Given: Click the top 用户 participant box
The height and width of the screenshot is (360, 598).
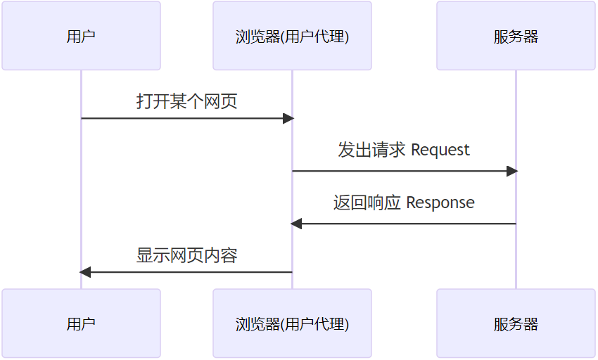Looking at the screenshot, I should (81, 36).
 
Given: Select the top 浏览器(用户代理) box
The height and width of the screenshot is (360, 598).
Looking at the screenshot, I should (292, 36).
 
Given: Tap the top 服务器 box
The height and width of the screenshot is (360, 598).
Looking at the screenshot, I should (516, 36).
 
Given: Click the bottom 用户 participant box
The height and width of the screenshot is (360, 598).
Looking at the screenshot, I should (81, 323).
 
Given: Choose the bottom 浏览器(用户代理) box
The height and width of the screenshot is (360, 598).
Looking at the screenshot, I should (292, 323).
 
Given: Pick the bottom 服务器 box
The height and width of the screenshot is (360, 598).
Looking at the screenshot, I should (516, 323).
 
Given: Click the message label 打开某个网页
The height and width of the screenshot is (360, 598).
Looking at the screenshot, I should (186, 101).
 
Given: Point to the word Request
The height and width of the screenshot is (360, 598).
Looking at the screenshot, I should (440, 150).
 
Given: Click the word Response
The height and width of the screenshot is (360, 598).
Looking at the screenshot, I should (440, 202).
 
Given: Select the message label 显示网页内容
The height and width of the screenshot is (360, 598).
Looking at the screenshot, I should (186, 255).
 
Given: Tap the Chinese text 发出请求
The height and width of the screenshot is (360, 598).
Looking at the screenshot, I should (371, 150).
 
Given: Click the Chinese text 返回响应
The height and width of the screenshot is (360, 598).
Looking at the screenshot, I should (367, 202).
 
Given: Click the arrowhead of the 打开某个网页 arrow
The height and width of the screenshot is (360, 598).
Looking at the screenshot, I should (288, 118).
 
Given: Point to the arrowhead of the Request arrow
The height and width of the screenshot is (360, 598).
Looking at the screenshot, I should (511, 171).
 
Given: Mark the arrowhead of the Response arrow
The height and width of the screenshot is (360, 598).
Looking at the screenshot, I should (296, 224).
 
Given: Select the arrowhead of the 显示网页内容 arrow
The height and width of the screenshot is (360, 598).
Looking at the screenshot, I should (85, 272).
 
